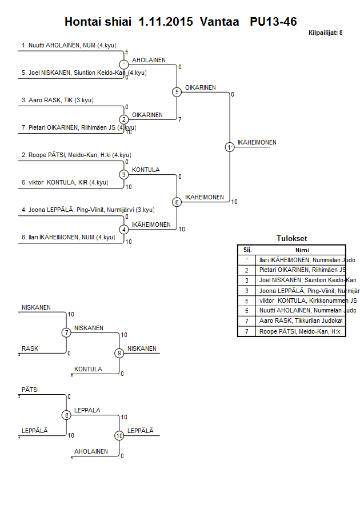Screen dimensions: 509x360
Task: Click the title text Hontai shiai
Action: tap(98, 22)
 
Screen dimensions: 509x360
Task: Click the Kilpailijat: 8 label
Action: tap(325, 33)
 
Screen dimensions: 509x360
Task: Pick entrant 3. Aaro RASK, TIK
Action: tap(57, 101)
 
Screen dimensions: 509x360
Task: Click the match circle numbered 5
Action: tap(177, 92)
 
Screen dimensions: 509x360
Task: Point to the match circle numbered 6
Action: tap(177, 202)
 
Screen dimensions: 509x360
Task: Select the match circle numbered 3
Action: tap(124, 174)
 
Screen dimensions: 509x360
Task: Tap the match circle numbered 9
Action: tap(119, 353)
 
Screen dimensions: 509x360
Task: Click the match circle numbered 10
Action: tap(119, 435)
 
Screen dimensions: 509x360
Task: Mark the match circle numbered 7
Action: tap(66, 332)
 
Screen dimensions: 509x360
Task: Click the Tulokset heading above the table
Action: tap(291, 239)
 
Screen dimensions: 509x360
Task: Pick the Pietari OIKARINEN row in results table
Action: tap(302, 270)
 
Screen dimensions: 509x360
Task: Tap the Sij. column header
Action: tap(247, 250)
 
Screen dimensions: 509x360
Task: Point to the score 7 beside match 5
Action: tap(180, 120)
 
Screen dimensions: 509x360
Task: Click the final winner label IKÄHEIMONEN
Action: tap(257, 142)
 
